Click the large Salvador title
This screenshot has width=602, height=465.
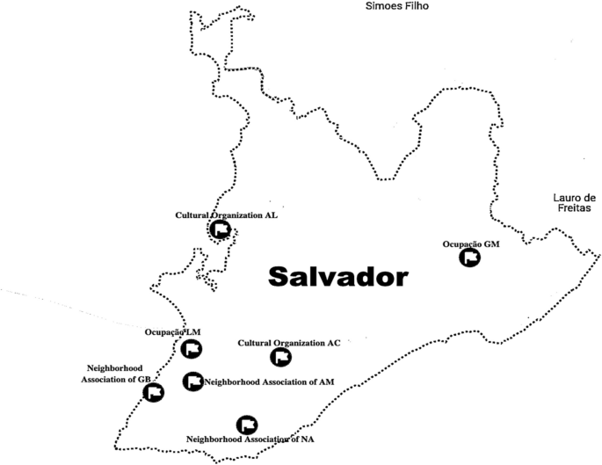coord(338,277)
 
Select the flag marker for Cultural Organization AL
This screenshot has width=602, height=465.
coord(221,229)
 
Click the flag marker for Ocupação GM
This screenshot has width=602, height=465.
coord(470,258)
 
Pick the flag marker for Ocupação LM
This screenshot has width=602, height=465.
coord(191,349)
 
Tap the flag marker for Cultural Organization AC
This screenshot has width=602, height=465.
coord(280,357)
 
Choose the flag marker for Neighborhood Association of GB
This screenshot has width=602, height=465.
coord(154,393)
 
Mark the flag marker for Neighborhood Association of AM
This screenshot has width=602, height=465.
coord(192,381)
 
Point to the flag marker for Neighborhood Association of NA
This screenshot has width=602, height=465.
coord(247,425)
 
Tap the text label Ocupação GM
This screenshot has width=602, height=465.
coord(470,244)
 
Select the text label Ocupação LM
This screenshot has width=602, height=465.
coord(174,332)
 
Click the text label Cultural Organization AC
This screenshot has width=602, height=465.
coord(289,343)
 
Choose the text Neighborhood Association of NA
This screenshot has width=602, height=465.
coord(250,438)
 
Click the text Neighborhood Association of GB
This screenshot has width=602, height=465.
coord(121,374)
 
